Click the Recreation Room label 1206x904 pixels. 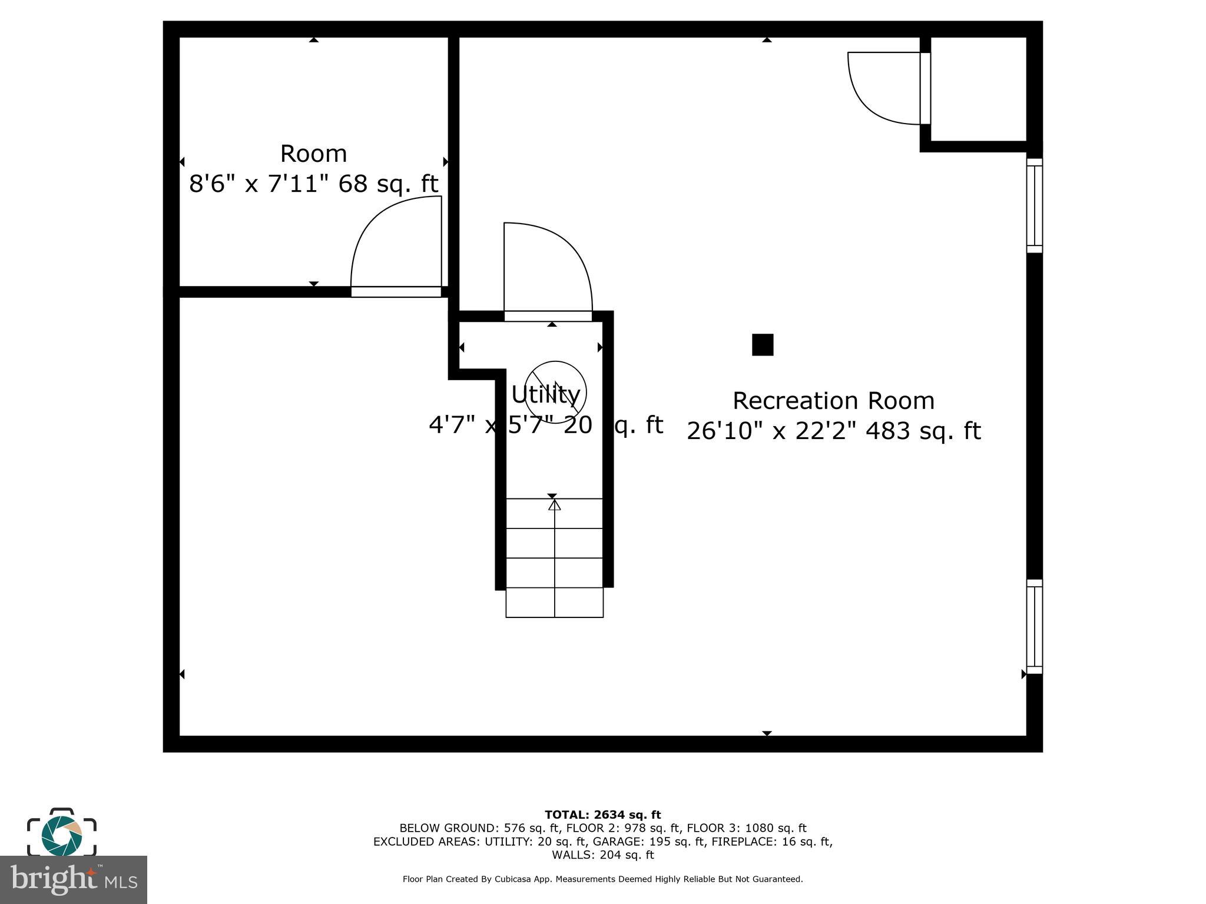[x=833, y=401]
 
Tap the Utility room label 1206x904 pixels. [x=545, y=394]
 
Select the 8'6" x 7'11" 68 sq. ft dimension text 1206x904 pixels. [x=313, y=184]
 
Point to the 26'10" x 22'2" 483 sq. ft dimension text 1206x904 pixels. [x=833, y=431]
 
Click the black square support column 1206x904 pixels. [x=763, y=345]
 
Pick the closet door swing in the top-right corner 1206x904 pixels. [x=883, y=88]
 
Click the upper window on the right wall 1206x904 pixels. [x=1035, y=205]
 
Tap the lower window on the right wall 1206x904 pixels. [x=1035, y=627]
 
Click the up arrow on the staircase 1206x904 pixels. [x=554, y=505]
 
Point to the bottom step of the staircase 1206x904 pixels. [x=554, y=603]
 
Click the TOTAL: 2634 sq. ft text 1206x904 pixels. [x=602, y=815]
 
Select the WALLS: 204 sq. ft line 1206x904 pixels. [x=602, y=855]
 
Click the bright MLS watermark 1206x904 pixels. [x=73, y=880]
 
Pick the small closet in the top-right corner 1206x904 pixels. [x=978, y=88]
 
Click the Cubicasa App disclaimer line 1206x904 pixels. [x=602, y=879]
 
